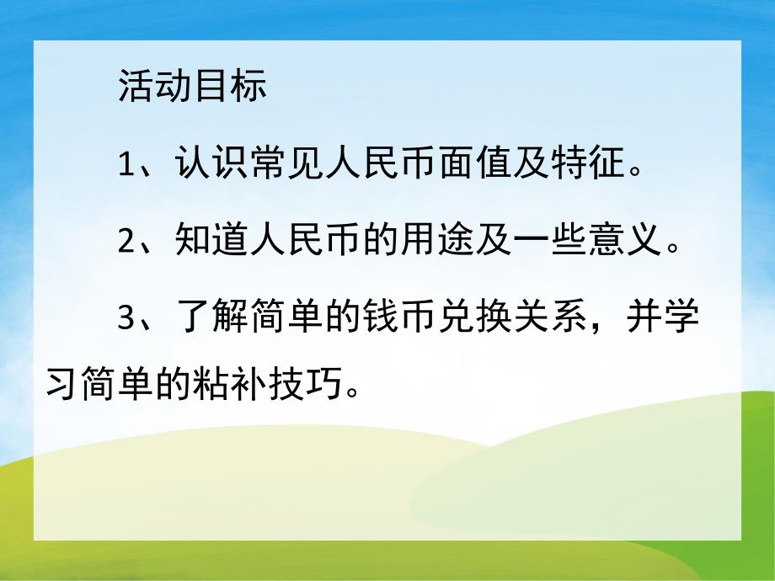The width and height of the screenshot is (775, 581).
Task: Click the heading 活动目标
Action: tap(193, 86)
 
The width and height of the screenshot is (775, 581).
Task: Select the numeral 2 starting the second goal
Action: tap(127, 243)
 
